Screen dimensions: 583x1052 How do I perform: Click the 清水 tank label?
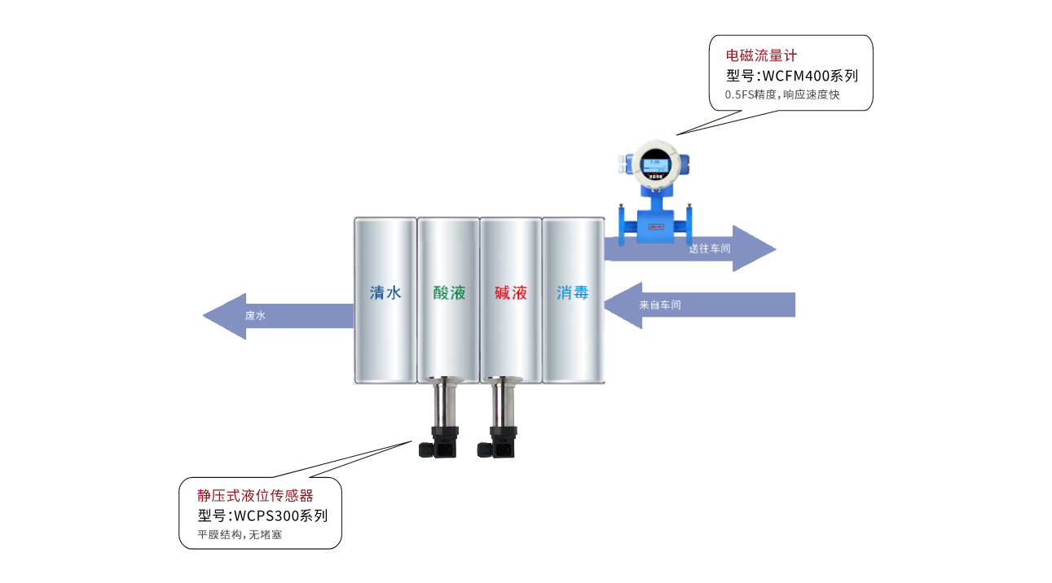coord(385,293)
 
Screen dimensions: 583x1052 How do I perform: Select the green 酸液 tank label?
coord(449,293)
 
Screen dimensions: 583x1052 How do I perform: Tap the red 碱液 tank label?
coord(511,293)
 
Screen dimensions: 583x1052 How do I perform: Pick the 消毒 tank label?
coord(573,293)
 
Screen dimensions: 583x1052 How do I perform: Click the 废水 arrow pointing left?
coord(277,316)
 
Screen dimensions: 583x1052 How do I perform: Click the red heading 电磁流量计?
coord(761,56)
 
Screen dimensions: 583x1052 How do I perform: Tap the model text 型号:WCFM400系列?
coord(792,77)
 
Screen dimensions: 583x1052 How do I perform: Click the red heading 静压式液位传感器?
coord(255,495)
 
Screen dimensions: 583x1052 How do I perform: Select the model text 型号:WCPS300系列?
coord(262,515)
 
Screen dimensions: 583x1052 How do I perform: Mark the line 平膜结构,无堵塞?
coord(240,535)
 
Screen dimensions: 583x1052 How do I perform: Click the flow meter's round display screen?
coord(656,164)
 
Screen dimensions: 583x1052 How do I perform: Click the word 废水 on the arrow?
coord(255,316)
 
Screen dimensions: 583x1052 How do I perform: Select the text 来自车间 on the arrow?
coord(660,305)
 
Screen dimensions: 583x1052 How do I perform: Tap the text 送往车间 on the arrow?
coord(709,248)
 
